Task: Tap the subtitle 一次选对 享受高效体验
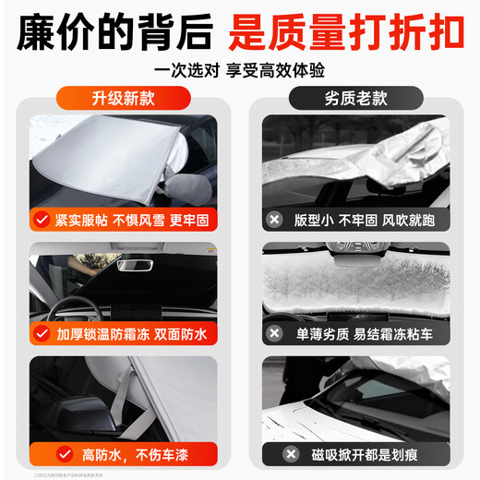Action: (x=239, y=70)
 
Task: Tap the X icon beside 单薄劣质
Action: (x=274, y=332)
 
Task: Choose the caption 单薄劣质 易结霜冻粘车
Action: (x=362, y=332)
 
